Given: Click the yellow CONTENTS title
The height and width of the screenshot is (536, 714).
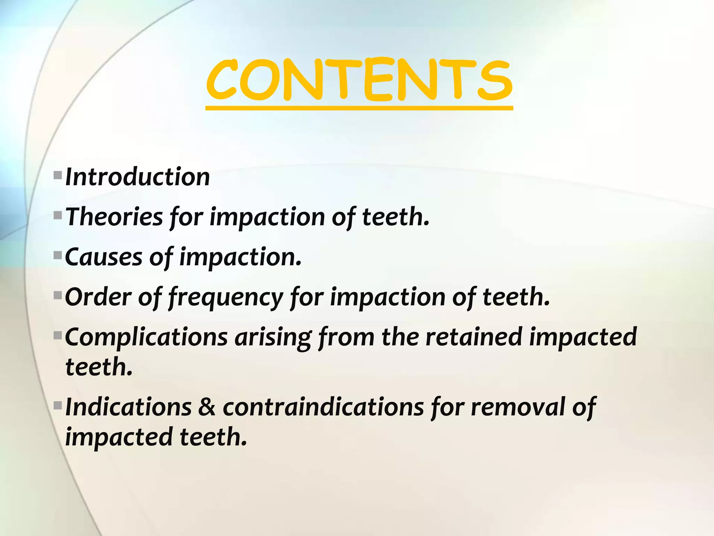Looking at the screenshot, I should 359,80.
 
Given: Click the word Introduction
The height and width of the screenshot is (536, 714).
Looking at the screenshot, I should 137,177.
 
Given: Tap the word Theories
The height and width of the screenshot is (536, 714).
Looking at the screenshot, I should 114,217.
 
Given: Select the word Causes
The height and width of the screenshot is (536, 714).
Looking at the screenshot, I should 104,257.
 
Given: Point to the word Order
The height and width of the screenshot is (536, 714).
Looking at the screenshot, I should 98,297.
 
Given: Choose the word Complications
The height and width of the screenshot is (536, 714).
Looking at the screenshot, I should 146,337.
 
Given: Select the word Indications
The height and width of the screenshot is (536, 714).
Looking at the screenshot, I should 128,407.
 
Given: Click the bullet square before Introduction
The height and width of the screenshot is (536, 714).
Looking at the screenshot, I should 58,174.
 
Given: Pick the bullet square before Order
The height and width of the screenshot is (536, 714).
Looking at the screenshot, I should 58,296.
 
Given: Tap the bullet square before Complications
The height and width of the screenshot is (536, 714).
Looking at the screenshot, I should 58,336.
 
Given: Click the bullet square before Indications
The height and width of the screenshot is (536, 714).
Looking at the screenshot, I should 58,405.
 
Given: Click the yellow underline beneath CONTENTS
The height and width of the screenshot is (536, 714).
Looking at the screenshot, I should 359,108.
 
